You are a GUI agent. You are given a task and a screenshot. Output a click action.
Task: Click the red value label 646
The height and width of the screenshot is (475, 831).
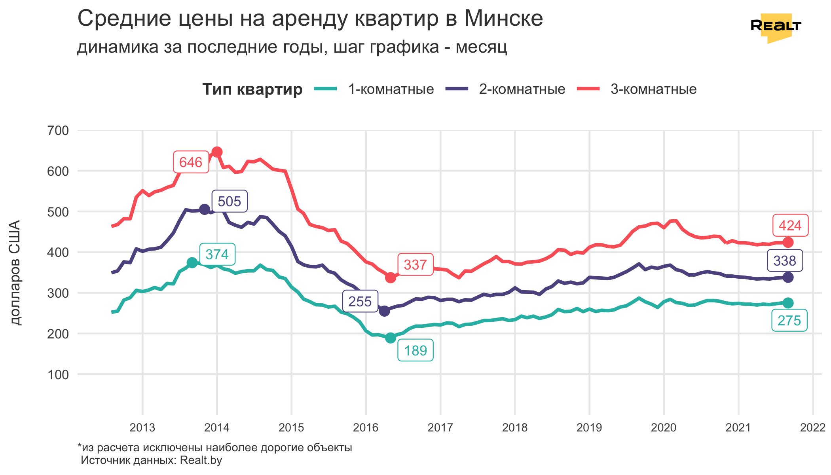coord(191,162)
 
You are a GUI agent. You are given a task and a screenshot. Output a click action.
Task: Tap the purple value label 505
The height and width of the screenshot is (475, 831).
coord(229,201)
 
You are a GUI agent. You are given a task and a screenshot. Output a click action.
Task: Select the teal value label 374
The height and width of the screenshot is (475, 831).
coord(217,254)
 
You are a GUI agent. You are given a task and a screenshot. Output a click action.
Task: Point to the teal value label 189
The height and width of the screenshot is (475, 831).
coord(415,351)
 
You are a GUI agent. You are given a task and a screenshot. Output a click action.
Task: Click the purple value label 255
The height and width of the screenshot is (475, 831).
coord(360,302)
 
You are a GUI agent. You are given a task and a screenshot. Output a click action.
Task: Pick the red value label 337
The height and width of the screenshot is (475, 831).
coord(415,265)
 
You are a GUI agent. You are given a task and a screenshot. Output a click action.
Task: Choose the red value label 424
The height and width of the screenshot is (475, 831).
coord(790,226)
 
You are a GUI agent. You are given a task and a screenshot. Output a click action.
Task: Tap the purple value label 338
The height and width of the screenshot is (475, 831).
coord(785,261)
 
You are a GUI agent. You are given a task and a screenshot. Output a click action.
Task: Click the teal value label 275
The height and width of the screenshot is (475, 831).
coord(789,321)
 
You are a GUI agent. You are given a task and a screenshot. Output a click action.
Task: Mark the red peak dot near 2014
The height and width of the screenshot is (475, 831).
coord(217,152)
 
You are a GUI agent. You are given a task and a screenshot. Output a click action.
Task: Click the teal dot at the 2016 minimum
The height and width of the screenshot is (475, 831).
coord(391,338)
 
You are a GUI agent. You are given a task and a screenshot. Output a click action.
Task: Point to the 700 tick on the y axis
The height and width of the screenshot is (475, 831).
coord(58,131)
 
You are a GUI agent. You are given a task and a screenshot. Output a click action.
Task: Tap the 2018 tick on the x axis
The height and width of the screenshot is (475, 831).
coord(515,428)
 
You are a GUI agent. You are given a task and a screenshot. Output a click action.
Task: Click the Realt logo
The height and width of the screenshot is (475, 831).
coord(776,27)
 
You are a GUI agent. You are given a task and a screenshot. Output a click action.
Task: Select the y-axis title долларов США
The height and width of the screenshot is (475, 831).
coord(15,273)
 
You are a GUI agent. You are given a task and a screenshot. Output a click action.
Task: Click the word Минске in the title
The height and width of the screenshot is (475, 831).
coord(503,18)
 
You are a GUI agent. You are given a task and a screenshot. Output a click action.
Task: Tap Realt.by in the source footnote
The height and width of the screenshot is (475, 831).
coord(201,460)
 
